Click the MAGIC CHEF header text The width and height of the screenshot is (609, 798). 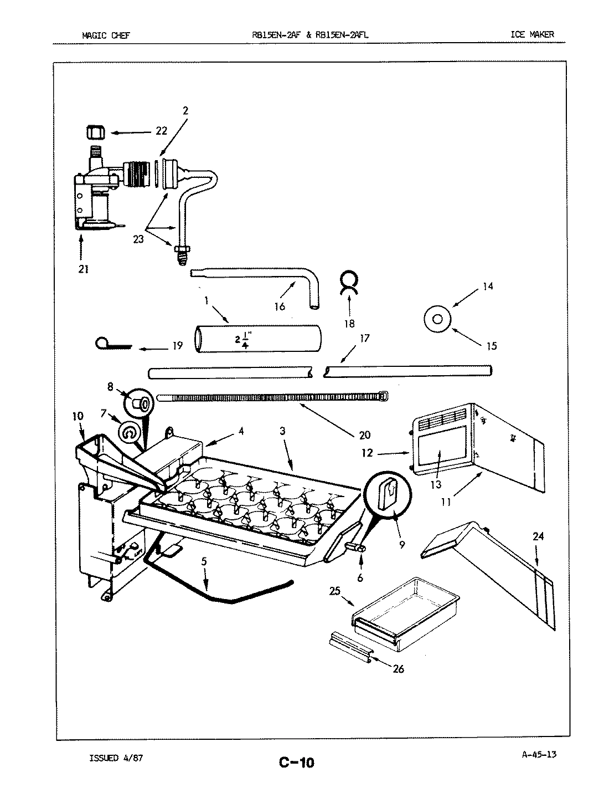tap(106, 35)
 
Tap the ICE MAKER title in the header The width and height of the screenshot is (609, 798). tap(531, 35)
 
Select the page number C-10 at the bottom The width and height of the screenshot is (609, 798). tap(297, 763)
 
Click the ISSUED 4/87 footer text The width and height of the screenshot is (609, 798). tap(116, 758)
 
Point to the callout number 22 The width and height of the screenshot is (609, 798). tap(161, 132)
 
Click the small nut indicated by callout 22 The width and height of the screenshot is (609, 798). tap(95, 133)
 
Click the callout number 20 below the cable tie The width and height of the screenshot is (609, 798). tap(364, 435)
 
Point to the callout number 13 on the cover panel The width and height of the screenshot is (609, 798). tap(436, 485)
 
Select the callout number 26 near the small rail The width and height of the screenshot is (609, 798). tap(398, 669)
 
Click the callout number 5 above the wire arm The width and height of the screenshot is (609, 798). tap(204, 561)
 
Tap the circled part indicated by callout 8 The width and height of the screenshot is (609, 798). tap(141, 403)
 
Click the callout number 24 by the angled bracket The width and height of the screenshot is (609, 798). tap(539, 536)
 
